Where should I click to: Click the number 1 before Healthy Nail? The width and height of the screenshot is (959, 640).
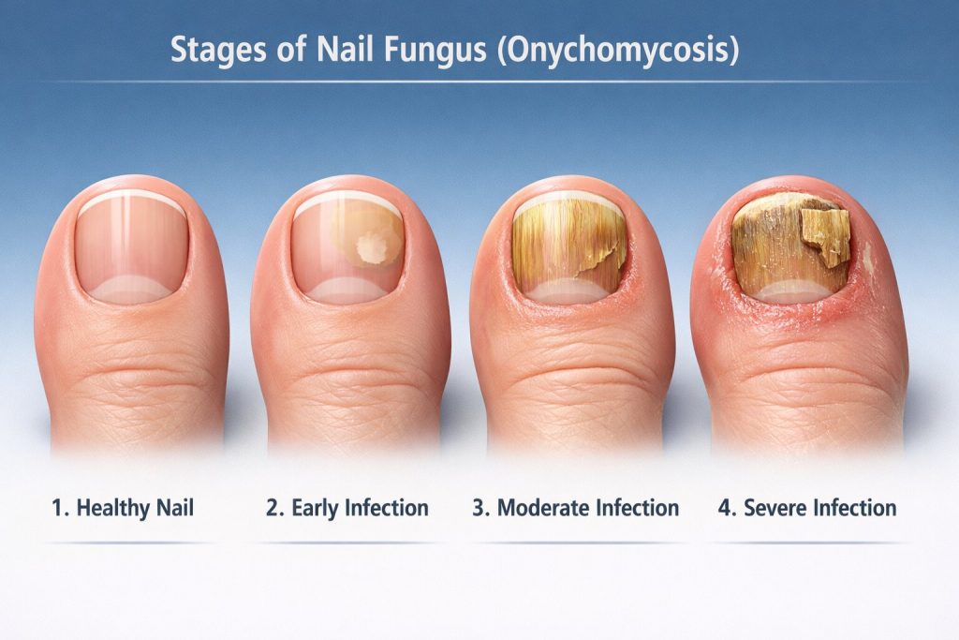(x=57, y=509)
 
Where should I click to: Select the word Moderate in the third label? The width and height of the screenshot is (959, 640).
(x=540, y=509)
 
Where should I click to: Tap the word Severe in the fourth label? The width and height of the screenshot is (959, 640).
(x=776, y=509)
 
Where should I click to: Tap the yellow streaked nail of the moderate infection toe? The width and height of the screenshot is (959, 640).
(x=553, y=244)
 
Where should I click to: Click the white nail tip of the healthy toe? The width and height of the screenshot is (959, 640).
(x=131, y=199)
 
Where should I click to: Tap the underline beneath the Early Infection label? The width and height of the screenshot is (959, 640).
(x=348, y=543)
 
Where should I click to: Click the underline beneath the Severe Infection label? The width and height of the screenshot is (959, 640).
(x=807, y=543)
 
